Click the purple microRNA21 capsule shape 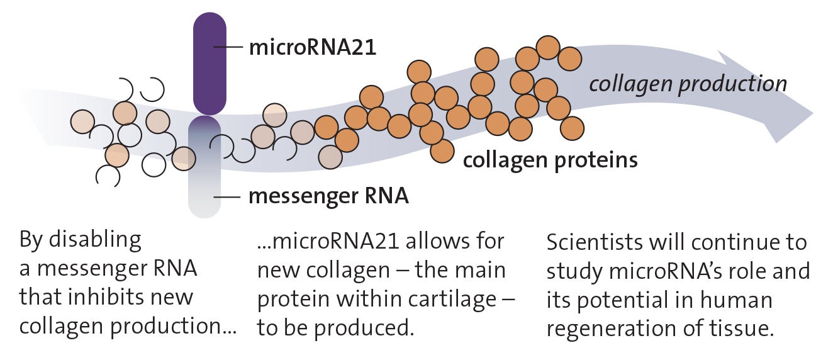(x=209, y=63)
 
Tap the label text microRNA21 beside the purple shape (x=312, y=47)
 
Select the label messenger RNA (x=328, y=196)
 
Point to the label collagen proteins (x=550, y=160)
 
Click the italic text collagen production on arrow (x=687, y=83)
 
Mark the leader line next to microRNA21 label (x=228, y=47)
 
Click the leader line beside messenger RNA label (x=227, y=196)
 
